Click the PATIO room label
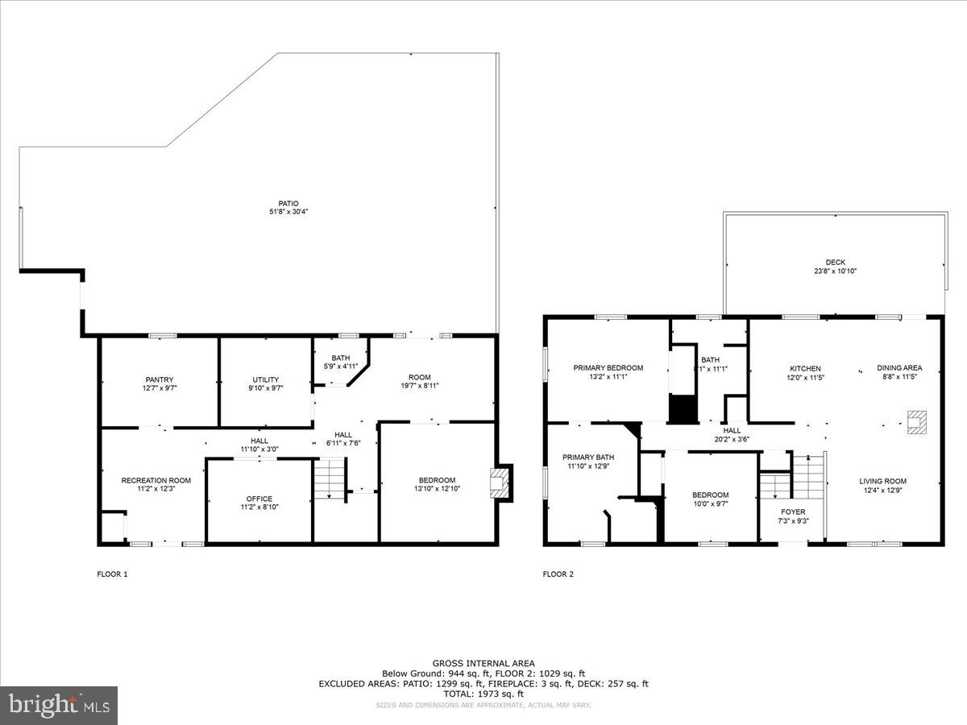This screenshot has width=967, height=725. [289, 203]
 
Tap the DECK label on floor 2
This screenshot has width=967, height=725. [835, 262]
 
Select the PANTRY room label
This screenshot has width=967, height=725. [160, 379]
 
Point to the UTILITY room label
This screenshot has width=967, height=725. [265, 379]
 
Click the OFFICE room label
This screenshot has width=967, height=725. [259, 499]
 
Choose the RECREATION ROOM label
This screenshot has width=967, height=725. [156, 480]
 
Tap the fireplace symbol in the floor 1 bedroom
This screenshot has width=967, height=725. [498, 483]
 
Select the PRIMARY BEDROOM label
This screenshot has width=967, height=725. [608, 368]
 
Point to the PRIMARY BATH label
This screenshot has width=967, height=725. [588, 457]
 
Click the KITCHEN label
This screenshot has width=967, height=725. [805, 368]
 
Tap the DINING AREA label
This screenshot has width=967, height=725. [899, 368]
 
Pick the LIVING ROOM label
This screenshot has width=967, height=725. [882, 481]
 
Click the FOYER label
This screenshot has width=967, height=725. [793, 512]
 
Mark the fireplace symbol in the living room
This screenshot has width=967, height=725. [917, 422]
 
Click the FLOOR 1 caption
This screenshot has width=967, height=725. [111, 574]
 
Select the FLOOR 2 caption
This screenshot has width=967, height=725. [558, 574]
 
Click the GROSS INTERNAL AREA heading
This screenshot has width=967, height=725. [483, 663]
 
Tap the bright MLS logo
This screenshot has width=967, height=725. [58, 706]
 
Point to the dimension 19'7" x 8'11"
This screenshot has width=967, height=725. [419, 386]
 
